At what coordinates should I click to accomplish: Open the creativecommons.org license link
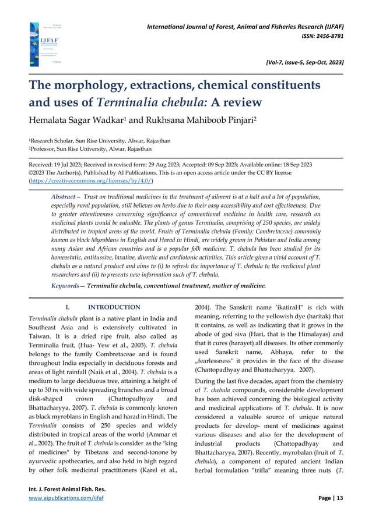tap(91, 181)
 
